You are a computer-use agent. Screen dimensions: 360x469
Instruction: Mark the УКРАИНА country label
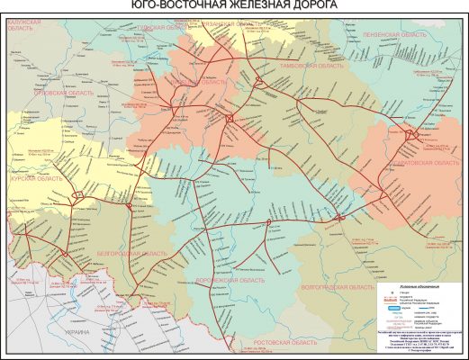[x=64, y=331]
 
